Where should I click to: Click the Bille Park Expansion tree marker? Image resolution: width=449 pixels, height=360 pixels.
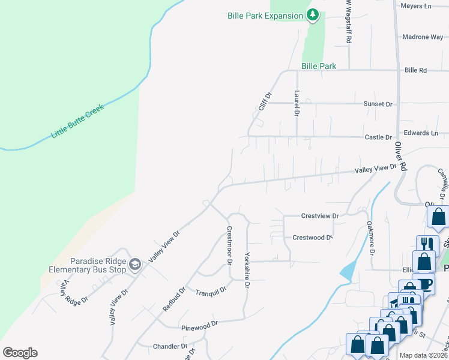pos(312,16)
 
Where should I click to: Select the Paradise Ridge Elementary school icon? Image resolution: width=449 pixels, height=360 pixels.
pos(135,265)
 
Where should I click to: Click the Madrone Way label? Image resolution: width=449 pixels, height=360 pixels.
pos(423,37)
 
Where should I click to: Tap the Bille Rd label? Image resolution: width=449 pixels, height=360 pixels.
pos(415,70)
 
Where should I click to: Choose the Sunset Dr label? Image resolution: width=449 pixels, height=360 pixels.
pos(378,104)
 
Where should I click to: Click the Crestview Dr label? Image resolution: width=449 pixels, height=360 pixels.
pos(320,215)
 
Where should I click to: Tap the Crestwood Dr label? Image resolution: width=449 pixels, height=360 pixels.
pos(312,238)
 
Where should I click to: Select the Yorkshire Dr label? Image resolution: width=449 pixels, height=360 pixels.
pos(246,270)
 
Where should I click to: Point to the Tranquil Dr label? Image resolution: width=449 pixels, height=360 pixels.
pos(211,291)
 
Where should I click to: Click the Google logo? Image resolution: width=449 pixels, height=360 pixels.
pos(20,353)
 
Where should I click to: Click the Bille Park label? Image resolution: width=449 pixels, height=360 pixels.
pos(319,66)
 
